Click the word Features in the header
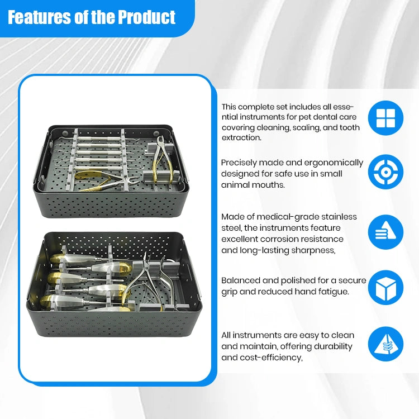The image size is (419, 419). (x=39, y=17)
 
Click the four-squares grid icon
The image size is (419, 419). (x=385, y=118)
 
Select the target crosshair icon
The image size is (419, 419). (x=385, y=172)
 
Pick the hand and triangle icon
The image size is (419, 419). (x=385, y=232)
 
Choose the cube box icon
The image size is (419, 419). (x=385, y=288)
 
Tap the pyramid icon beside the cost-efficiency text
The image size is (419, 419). (x=385, y=344)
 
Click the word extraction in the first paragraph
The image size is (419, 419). (x=241, y=137)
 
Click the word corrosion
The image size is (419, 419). (x=280, y=239)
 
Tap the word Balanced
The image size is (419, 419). (x=240, y=280)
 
